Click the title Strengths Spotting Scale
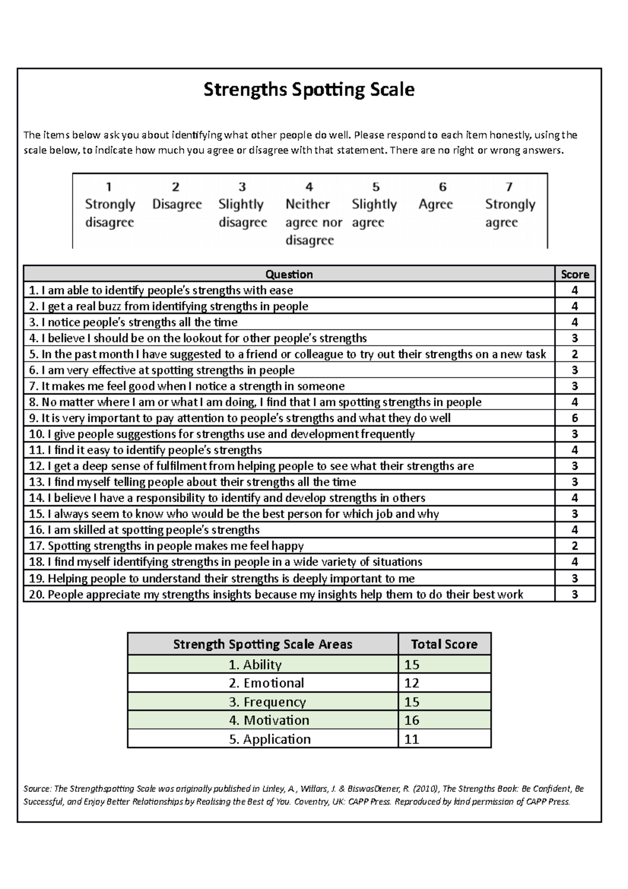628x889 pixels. click(309, 90)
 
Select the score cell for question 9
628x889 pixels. click(575, 418)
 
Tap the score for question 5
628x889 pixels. click(575, 354)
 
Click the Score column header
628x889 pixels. click(575, 274)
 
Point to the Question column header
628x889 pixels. click(289, 274)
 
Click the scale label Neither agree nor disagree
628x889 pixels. click(313, 222)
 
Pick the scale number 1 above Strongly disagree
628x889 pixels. click(109, 187)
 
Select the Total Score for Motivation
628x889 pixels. click(412, 720)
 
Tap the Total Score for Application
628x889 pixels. click(412, 739)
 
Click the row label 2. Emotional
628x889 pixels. click(266, 683)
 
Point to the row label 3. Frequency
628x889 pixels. click(267, 702)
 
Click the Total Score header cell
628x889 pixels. click(444, 644)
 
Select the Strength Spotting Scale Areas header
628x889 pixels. click(263, 644)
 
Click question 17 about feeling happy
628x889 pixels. click(166, 546)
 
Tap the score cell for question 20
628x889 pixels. click(575, 594)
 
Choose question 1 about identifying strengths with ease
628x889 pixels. click(161, 291)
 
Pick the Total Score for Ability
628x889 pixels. click(412, 665)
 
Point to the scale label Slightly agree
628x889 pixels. click(374, 213)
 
